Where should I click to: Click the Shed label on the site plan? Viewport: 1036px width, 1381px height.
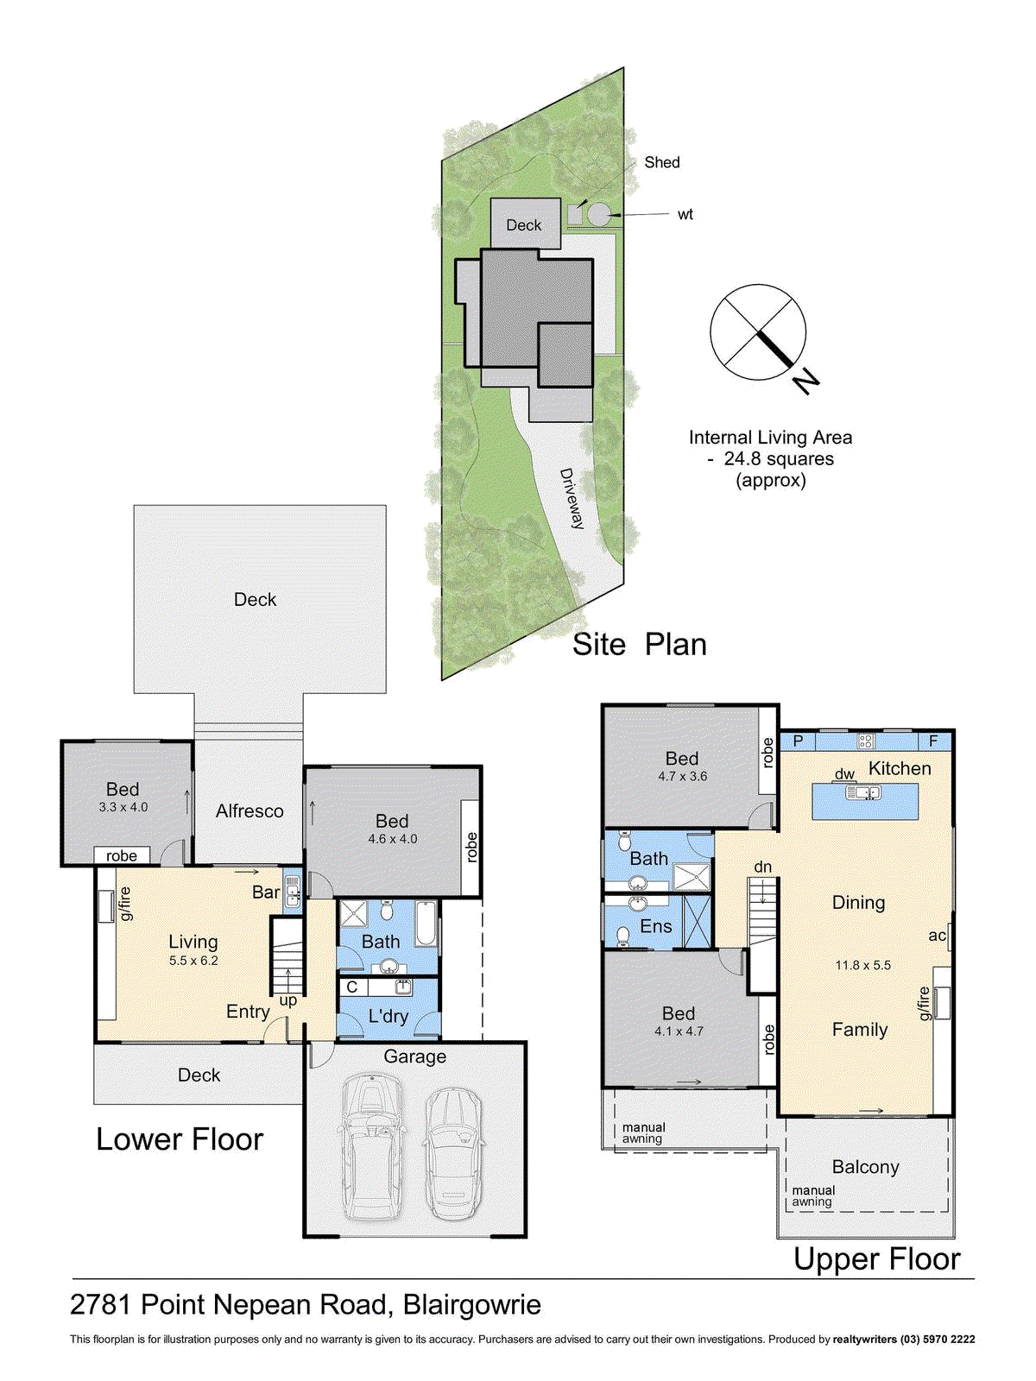pos(662,162)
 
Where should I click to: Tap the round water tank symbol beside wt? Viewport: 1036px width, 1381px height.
pos(598,214)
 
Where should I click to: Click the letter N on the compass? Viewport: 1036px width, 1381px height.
pos(806,380)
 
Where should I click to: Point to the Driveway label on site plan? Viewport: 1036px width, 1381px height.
pos(572,498)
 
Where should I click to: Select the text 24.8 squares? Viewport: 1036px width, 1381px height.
pos(779,459)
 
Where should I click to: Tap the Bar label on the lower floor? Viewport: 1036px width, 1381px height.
pos(266,892)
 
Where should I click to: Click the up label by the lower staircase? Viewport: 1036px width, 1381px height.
pos(288,1000)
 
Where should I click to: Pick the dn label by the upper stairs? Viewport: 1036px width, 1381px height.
pos(762,867)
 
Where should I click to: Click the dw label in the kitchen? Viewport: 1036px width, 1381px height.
pos(844,774)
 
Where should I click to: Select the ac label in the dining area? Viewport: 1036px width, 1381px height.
pos(937,936)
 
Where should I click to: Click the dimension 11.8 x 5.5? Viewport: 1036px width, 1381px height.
pos(862,965)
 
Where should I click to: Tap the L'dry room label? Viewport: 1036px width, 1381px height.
pos(388,1016)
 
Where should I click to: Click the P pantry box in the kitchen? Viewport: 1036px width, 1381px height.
pos(798,741)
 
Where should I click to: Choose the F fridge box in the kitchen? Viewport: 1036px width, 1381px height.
pos(933,741)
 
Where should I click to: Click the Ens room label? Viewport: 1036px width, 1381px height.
pos(656,926)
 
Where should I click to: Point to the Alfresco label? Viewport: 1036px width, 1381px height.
pos(250,811)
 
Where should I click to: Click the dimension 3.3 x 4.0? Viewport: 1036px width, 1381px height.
pos(123,807)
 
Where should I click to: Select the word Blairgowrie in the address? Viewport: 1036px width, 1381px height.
pos(472,1304)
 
